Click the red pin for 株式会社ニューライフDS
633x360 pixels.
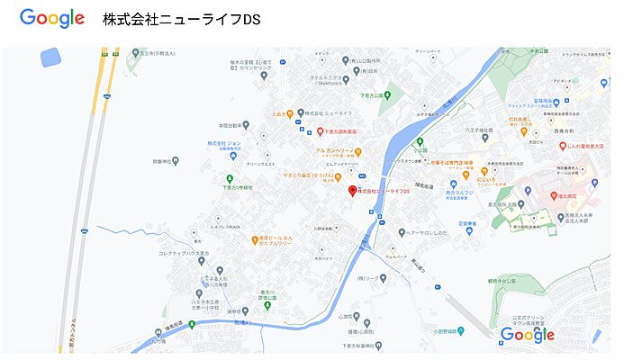click(x=352, y=191)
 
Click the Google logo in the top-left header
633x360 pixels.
click(x=52, y=18)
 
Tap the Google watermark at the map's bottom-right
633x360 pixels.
click(x=528, y=335)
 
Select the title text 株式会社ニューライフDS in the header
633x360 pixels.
click(x=182, y=19)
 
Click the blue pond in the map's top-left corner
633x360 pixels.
click(x=50, y=58)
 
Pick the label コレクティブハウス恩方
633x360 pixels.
click(x=185, y=254)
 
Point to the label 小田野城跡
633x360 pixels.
click(x=448, y=330)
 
